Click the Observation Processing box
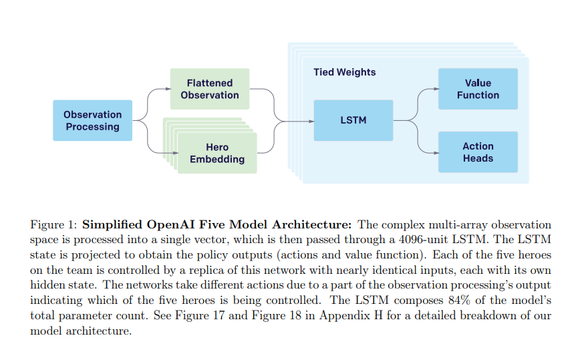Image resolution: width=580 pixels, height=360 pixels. (x=92, y=120)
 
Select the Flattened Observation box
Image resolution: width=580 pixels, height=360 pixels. (x=209, y=89)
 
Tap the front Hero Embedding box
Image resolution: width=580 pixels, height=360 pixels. (x=216, y=153)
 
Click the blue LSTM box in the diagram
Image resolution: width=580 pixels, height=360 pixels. (x=353, y=120)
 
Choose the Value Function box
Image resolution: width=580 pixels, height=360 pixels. (x=477, y=89)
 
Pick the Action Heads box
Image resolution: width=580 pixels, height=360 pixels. (x=477, y=152)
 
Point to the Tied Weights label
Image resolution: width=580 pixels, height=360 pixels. (x=344, y=72)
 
